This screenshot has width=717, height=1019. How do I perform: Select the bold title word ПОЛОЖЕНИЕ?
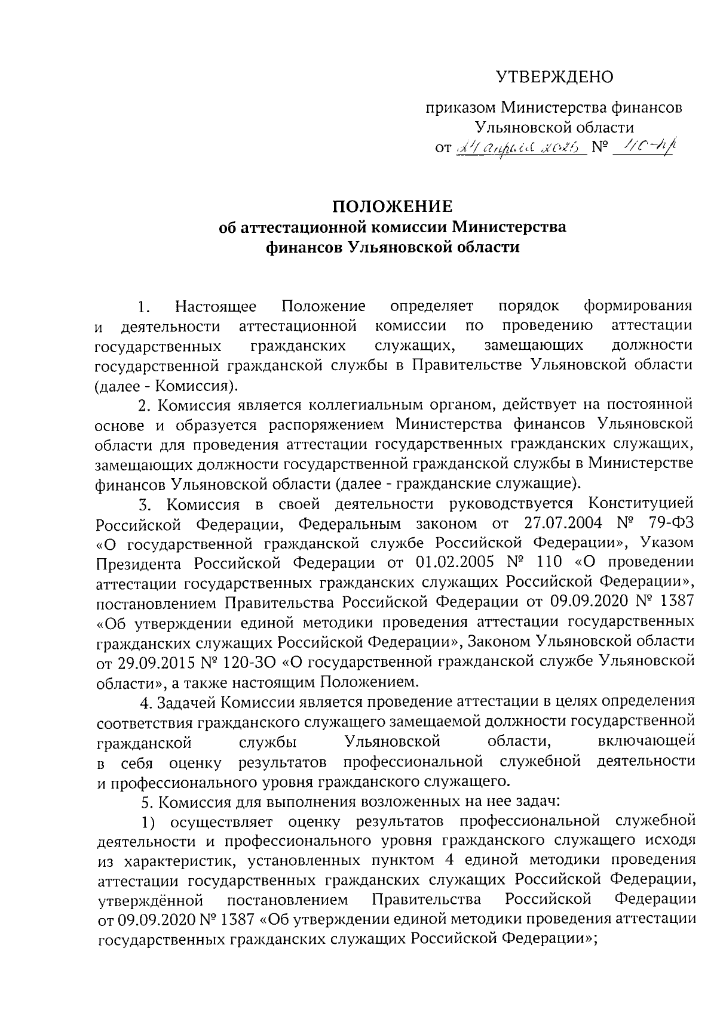[x=393, y=207]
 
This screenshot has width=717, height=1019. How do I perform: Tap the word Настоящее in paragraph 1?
[x=216, y=307]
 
